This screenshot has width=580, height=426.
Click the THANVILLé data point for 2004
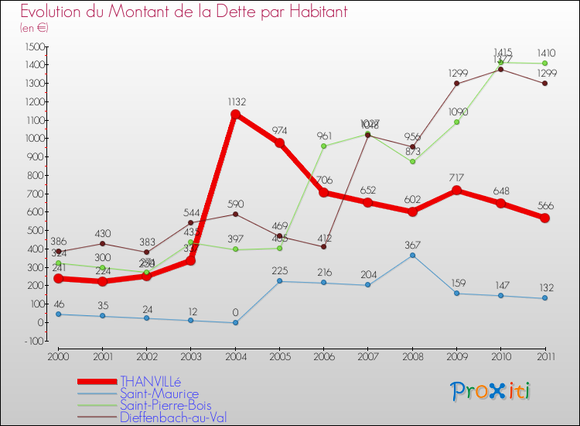235,115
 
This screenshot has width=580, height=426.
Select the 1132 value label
236,101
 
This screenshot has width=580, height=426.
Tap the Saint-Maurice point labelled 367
412,256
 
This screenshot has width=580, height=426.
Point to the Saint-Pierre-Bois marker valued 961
324,146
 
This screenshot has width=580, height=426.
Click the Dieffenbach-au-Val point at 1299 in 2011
545,84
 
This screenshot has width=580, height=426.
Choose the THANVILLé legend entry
150,381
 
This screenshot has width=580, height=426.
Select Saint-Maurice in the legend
159,393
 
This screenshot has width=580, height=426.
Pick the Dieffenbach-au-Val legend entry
172,417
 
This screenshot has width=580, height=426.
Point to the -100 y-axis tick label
33,341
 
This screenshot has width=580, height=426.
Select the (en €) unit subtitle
35,28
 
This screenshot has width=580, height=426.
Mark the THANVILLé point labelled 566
545,218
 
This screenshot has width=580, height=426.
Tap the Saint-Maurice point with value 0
235,323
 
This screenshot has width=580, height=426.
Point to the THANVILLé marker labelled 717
456,191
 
